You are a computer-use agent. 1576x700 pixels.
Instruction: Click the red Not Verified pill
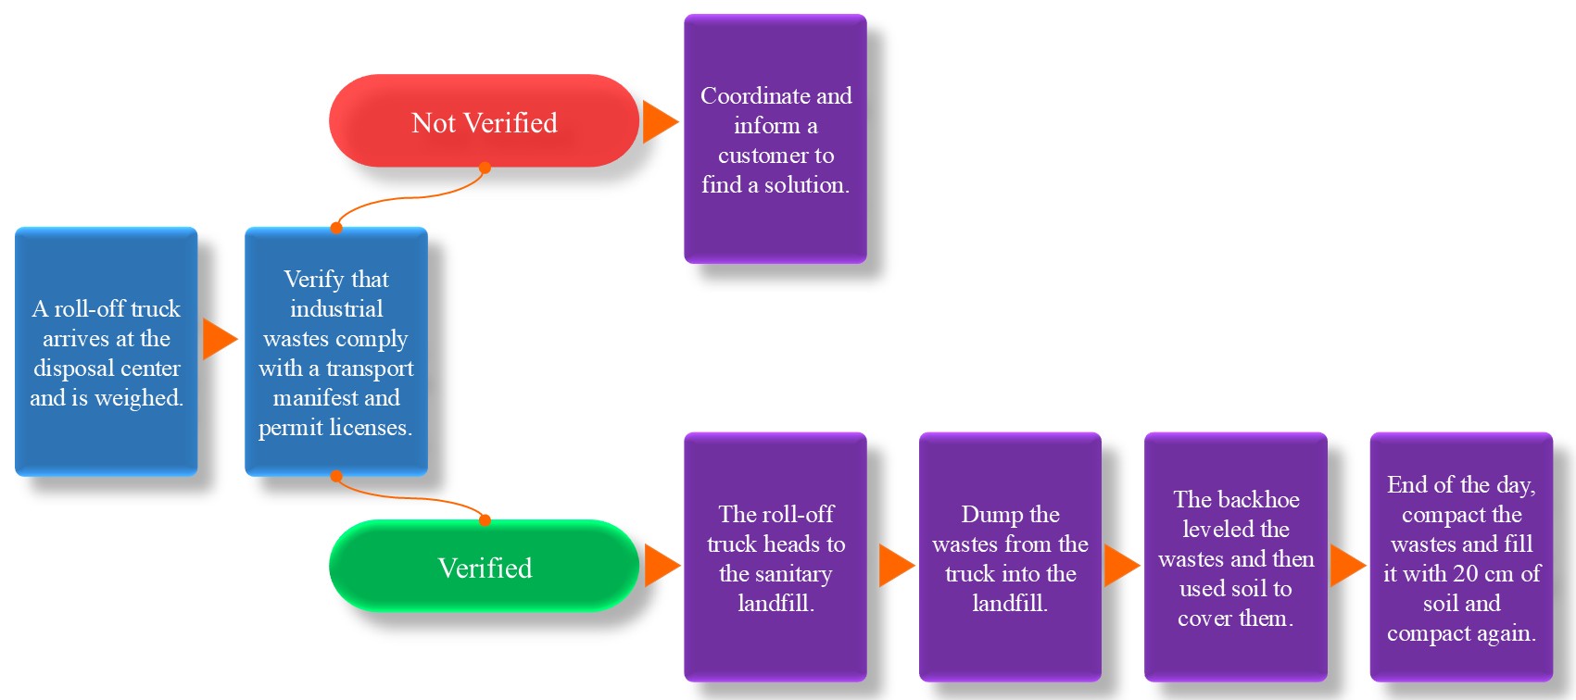pos(484,121)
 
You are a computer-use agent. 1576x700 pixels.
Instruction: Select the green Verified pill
pos(484,566)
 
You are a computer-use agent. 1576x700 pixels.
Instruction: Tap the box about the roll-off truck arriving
pos(107,352)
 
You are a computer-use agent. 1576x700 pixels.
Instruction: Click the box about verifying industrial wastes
pos(336,352)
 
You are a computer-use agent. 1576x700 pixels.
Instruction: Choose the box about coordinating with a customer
pos(775,139)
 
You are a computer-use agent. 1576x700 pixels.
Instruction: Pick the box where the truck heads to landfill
pos(775,557)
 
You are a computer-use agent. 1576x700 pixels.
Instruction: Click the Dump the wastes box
pos(1010,557)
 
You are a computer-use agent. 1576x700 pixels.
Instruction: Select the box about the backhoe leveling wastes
pos(1235,557)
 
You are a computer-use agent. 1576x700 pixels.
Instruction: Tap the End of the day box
pos(1461,557)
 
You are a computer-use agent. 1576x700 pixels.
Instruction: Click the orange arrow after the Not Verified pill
pos(659,122)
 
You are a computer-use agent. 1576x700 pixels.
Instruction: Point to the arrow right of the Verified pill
pos(661,566)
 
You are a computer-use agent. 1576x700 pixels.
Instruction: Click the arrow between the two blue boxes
pos(219,339)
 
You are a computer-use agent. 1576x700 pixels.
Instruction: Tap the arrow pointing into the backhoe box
pos(1120,566)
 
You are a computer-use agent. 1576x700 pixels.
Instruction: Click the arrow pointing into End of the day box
pos(1346,566)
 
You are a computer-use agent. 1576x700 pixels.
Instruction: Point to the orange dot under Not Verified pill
pos(485,169)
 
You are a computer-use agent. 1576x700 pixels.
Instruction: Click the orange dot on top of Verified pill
pos(485,520)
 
